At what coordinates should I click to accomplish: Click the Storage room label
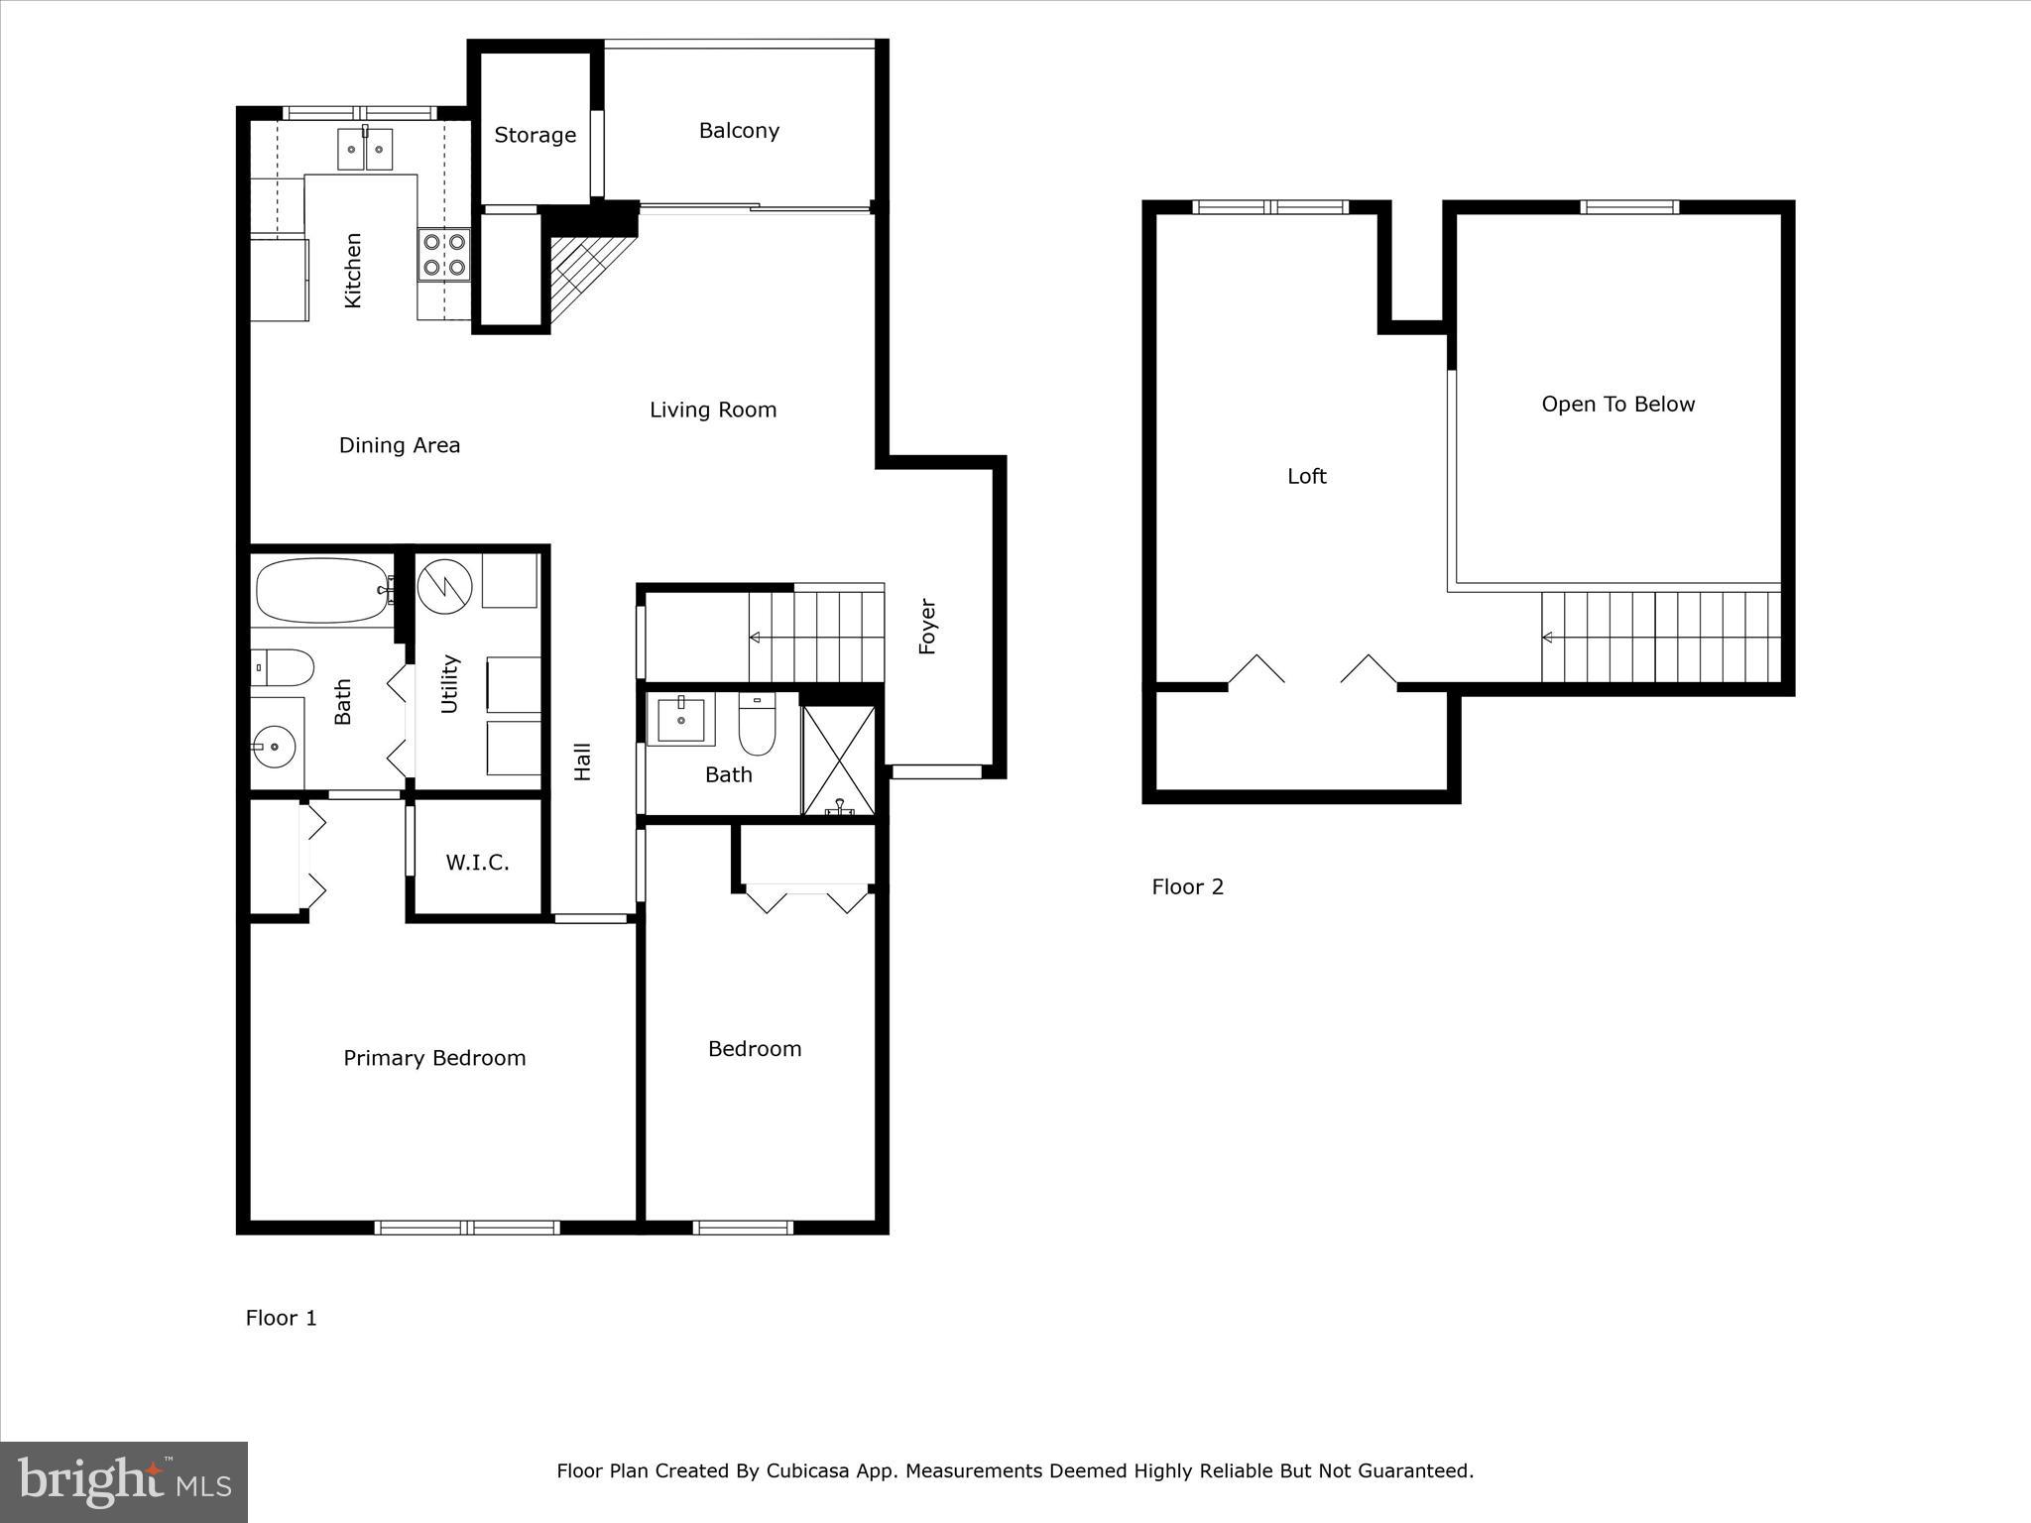pos(535,135)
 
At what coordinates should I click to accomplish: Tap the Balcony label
pos(739,131)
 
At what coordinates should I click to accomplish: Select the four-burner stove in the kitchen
pos(444,253)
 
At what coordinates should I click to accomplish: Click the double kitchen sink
pos(364,150)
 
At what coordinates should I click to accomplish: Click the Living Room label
pos(712,410)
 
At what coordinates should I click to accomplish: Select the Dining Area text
pos(399,445)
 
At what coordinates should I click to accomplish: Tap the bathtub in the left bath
pos(321,591)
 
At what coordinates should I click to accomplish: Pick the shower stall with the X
pos(839,761)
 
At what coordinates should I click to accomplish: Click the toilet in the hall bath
pos(756,729)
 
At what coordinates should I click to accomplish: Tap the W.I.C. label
pos(477,863)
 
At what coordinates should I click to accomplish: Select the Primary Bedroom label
pos(434,1058)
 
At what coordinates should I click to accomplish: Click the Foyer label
pos(927,626)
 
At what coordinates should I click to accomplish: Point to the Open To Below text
pos(1617,405)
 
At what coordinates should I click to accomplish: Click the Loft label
pos(1306,477)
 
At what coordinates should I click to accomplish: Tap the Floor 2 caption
pos(1187,887)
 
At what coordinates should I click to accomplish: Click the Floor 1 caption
pos(281,1318)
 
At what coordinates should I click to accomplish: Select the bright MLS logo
pos(124,1481)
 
